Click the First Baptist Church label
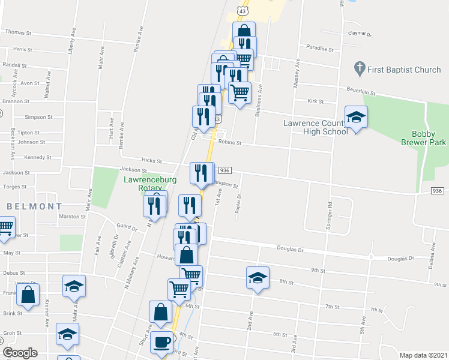tap(405, 70)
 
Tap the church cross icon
tap(360, 67)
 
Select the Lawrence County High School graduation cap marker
tap(356, 117)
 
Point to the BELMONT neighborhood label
tap(27, 206)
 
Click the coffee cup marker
tap(161, 342)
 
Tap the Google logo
tap(20, 353)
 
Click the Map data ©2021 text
tap(424, 355)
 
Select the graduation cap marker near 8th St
tap(257, 278)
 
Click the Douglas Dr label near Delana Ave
tap(401, 258)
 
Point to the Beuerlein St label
tap(360, 93)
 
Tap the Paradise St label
tap(319, 49)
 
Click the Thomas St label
tap(18, 32)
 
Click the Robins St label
tap(229, 143)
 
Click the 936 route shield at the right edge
tap(438, 191)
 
